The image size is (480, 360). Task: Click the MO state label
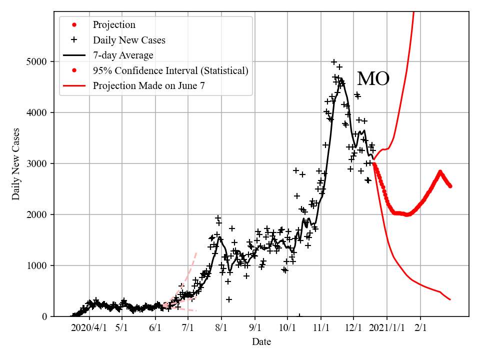click(x=373, y=79)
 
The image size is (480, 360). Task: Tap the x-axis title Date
click(x=261, y=342)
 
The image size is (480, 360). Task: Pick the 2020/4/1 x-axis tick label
click(x=89, y=327)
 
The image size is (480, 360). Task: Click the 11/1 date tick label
click(x=321, y=327)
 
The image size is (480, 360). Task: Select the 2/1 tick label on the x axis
click(x=420, y=327)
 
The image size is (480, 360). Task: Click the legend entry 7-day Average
click(x=123, y=55)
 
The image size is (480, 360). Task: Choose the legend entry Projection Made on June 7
click(x=148, y=86)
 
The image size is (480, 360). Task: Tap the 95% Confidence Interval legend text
click(x=170, y=70)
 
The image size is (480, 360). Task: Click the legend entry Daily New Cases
click(x=129, y=40)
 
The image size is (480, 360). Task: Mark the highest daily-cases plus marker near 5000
click(x=334, y=62)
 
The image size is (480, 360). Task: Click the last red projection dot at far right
click(x=450, y=186)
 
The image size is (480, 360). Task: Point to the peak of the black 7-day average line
click(x=340, y=78)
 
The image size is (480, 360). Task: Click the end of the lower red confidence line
click(x=450, y=299)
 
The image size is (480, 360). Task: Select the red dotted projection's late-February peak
click(x=440, y=172)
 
